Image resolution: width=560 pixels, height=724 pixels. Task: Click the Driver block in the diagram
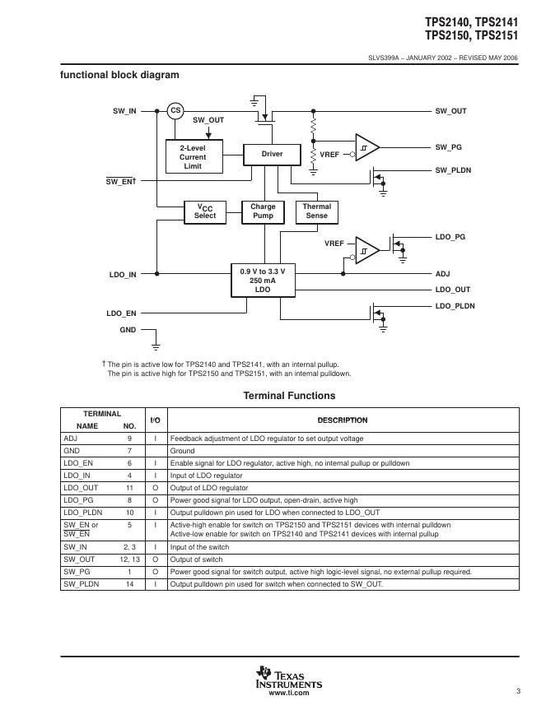click(272, 154)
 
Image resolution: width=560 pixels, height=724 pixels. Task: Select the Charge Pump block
click(263, 211)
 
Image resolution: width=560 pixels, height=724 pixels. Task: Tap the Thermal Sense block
click(316, 211)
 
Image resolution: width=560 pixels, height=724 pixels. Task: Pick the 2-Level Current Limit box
click(193, 156)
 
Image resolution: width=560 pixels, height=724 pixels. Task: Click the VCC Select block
click(205, 211)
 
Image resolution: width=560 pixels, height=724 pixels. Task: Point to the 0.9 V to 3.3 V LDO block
click(262, 281)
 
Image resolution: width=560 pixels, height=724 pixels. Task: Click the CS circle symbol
click(175, 110)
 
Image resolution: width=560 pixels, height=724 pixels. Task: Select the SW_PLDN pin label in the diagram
click(453, 170)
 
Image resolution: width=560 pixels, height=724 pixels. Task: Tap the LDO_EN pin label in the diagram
click(121, 313)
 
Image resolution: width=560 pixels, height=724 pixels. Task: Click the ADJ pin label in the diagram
click(442, 273)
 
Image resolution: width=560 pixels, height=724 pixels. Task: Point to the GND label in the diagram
click(128, 330)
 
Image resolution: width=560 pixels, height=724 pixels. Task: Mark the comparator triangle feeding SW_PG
click(366, 147)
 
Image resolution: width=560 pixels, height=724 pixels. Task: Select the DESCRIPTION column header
click(343, 420)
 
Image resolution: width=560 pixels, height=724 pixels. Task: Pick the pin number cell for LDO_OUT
click(129, 488)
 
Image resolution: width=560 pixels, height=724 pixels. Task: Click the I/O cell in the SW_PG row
click(155, 572)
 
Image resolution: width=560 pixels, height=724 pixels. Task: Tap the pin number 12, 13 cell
click(129, 559)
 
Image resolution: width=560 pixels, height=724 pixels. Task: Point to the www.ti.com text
click(289, 694)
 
